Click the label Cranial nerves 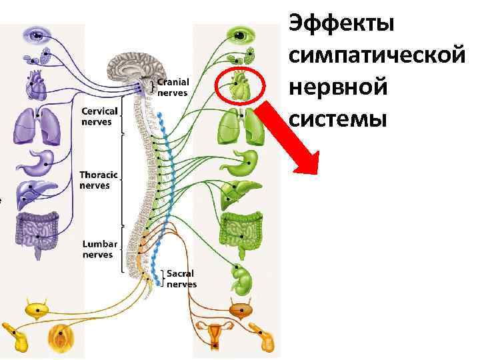173,87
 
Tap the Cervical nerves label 99,116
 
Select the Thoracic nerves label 99,180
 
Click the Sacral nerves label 181,279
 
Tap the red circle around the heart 241,85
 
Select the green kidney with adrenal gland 241,279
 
